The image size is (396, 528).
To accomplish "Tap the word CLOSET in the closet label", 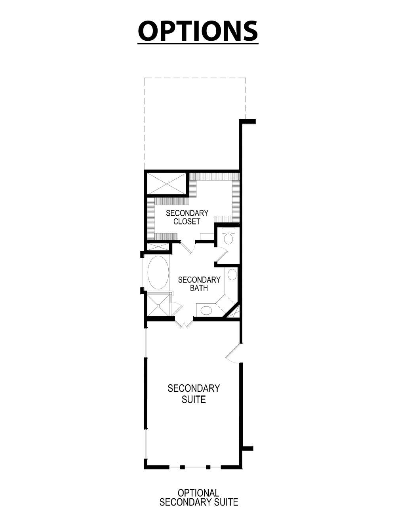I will pyautogui.click(x=187, y=222).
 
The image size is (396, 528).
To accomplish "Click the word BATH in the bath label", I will pyautogui.click(x=199, y=288).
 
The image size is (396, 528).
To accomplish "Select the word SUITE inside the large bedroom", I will pyautogui.click(x=194, y=399).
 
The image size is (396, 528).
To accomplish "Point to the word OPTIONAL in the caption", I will pyautogui.click(x=198, y=493).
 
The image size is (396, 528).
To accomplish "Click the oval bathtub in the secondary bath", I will pyautogui.click(x=158, y=273).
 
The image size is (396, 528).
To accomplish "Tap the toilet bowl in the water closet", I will pyautogui.click(x=228, y=239).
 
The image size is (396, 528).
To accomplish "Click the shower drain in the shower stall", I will pyautogui.click(x=158, y=305).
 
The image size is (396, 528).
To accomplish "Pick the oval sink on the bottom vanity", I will pyautogui.click(x=206, y=310).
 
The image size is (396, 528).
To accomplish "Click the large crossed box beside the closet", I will pyautogui.click(x=166, y=183).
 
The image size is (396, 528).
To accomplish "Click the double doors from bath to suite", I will pyautogui.click(x=184, y=323).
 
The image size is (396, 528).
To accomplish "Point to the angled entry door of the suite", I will pyautogui.click(x=234, y=353).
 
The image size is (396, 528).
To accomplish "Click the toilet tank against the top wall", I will pyautogui.click(x=228, y=230).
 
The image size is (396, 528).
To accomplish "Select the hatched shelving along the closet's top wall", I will pyautogui.click(x=214, y=177).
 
